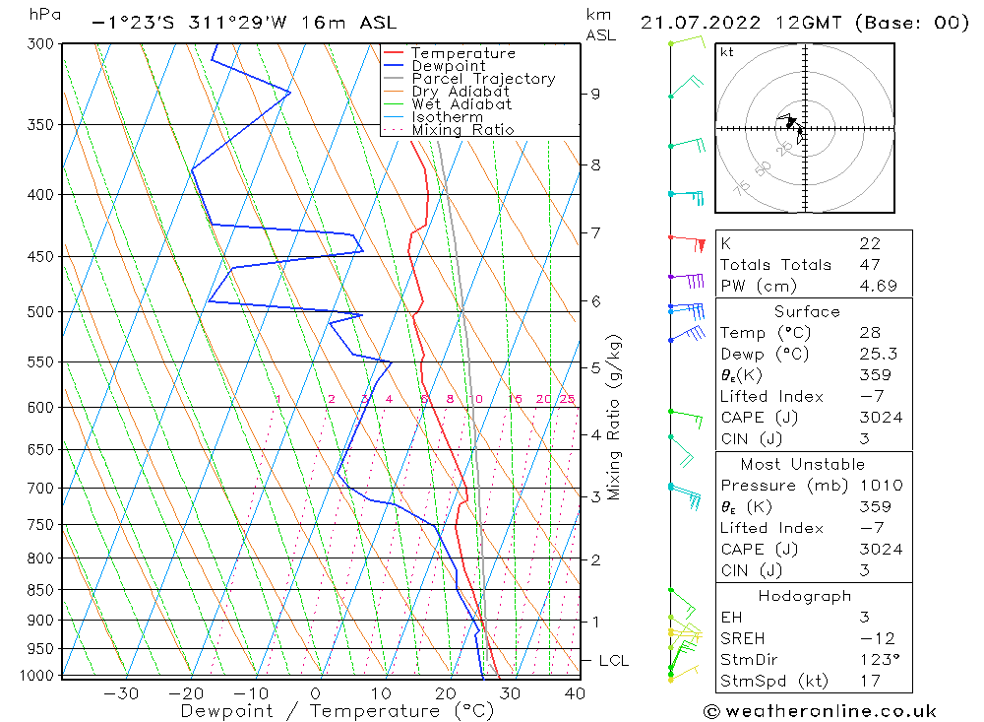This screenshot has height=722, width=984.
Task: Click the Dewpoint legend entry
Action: pyautogui.click(x=448, y=66)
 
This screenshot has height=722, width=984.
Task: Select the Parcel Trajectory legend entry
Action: pyautogui.click(x=483, y=79)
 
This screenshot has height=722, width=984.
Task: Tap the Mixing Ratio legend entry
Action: pyautogui.click(x=462, y=130)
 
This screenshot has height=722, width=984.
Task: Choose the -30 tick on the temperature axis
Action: pyautogui.click(x=120, y=693)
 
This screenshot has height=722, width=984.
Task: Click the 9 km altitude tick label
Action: pyautogui.click(x=595, y=94)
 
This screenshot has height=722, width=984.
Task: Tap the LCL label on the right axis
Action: pyautogui.click(x=613, y=660)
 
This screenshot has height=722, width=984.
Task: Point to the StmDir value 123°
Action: pyautogui.click(x=880, y=660)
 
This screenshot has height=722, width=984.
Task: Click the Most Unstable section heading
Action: pyautogui.click(x=802, y=464)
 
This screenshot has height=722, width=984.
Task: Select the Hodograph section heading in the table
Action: pyautogui.click(x=805, y=597)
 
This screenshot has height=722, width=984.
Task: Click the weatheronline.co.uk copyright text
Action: pyautogui.click(x=820, y=711)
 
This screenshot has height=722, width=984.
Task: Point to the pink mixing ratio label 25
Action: pyautogui.click(x=567, y=399)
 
